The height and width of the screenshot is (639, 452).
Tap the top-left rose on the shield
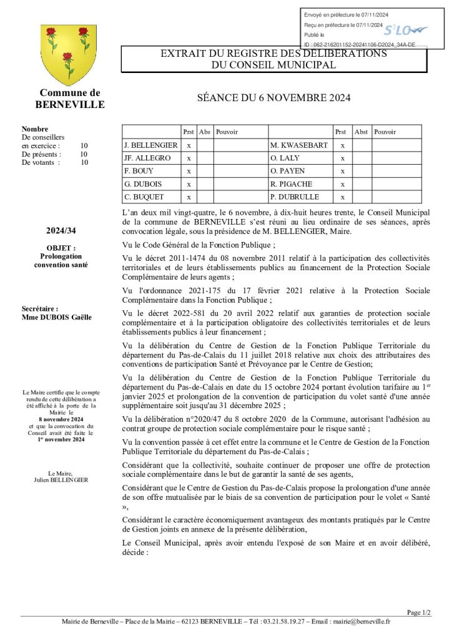(x=51, y=32)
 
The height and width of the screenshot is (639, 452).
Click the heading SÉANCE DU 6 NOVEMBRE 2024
(x=274, y=98)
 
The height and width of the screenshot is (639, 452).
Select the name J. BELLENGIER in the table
(x=150, y=145)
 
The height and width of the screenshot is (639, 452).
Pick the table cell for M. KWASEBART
(x=298, y=145)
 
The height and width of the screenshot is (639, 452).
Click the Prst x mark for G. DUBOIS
(x=189, y=184)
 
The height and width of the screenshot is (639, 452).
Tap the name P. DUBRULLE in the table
(x=294, y=197)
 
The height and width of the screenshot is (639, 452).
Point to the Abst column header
(x=361, y=132)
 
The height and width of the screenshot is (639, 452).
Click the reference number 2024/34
(x=61, y=232)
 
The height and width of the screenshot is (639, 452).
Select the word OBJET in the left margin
(x=60, y=248)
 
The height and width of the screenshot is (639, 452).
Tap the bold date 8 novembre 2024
(x=61, y=419)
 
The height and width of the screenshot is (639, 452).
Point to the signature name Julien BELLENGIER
(x=61, y=480)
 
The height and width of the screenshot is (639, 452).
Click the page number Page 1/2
(x=418, y=612)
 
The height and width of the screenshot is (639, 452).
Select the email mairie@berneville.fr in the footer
(x=361, y=622)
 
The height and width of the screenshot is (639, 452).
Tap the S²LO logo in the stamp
(x=404, y=30)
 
